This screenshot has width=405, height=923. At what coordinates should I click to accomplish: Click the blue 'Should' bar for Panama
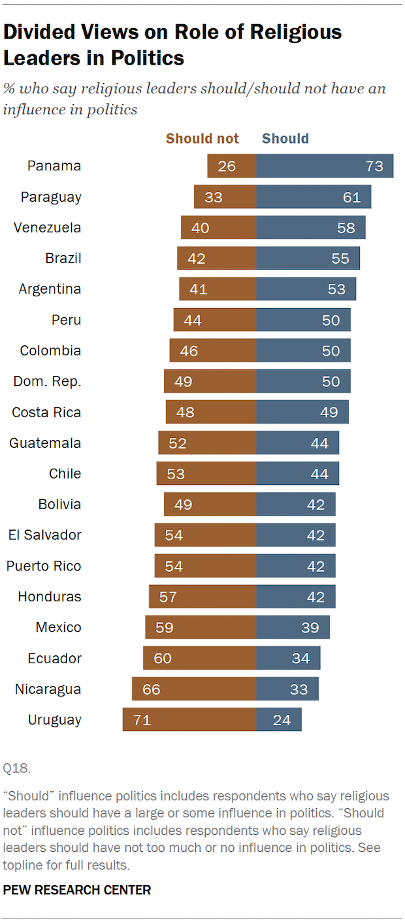tap(325, 166)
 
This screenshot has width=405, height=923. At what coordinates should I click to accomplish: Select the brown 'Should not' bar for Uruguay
tap(189, 720)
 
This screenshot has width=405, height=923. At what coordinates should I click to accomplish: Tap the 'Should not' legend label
tap(202, 138)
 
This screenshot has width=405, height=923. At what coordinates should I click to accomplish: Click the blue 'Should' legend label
tap(285, 138)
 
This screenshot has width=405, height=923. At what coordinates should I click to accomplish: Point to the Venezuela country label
tap(48, 228)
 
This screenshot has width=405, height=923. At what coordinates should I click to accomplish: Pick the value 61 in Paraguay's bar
tap(351, 197)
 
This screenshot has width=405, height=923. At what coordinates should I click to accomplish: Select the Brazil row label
tap(63, 258)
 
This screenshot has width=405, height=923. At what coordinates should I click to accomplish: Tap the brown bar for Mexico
tap(201, 627)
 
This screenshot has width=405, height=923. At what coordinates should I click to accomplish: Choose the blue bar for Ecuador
tap(288, 658)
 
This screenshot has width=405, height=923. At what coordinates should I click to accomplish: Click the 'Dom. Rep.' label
tap(47, 382)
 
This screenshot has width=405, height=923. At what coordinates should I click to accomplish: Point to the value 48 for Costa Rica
tap(185, 413)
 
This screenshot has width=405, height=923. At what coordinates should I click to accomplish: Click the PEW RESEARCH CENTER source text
tap(77, 890)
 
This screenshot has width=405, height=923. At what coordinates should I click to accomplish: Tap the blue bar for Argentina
tap(306, 289)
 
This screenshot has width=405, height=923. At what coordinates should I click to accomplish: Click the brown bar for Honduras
tap(202, 597)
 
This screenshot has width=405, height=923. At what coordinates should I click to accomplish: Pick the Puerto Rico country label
tap(44, 566)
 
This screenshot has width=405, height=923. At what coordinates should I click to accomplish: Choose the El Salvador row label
tap(45, 535)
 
